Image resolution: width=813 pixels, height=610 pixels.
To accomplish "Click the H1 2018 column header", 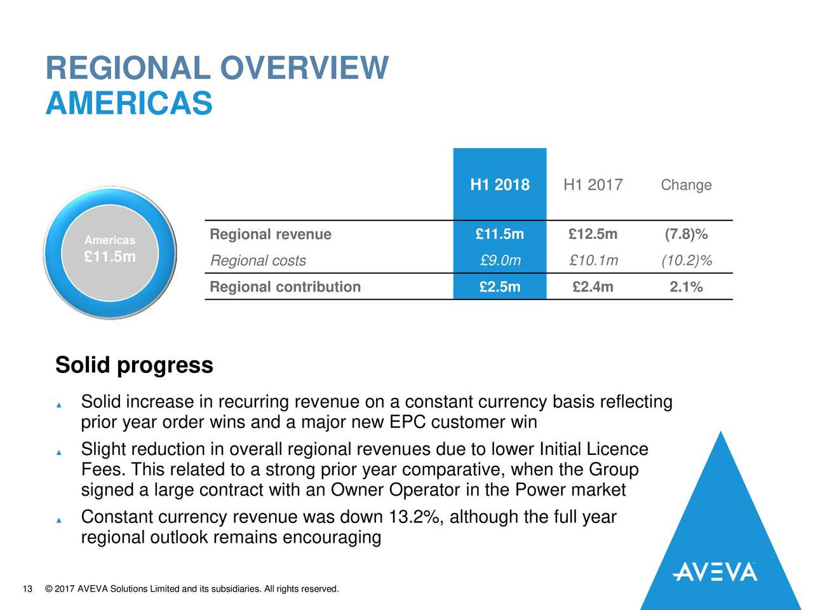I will [x=499, y=185].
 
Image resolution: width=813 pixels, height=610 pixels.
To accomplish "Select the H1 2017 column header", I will [x=593, y=185].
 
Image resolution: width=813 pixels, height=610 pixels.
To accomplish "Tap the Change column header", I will [x=686, y=185].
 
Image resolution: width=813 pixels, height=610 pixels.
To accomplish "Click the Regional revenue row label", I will [x=271, y=234].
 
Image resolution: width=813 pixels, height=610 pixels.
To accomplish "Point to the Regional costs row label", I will [x=258, y=261].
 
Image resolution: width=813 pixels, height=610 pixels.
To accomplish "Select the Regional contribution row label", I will [x=285, y=287].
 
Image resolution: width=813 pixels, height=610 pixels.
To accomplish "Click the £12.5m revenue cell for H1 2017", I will [x=593, y=234].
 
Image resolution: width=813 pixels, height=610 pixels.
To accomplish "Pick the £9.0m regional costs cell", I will [x=500, y=261].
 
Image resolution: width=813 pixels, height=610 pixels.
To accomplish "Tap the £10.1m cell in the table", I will [x=593, y=261].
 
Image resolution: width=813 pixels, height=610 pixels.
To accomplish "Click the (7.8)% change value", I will [x=686, y=234].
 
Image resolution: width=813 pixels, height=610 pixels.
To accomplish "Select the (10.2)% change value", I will [x=686, y=261].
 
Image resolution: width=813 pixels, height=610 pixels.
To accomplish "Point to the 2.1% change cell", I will [x=686, y=287].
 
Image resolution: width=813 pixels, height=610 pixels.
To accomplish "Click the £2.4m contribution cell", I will [x=593, y=287].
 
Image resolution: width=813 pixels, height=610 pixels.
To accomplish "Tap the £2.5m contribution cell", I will [x=500, y=287].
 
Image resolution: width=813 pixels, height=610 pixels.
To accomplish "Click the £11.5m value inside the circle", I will [x=110, y=257].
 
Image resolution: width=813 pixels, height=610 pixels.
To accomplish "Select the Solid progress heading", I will [x=134, y=365].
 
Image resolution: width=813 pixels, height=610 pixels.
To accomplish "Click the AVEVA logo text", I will [x=715, y=572].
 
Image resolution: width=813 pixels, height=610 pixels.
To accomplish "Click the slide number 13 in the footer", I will [x=27, y=589].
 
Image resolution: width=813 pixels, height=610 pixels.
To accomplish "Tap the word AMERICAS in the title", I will [x=129, y=103].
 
